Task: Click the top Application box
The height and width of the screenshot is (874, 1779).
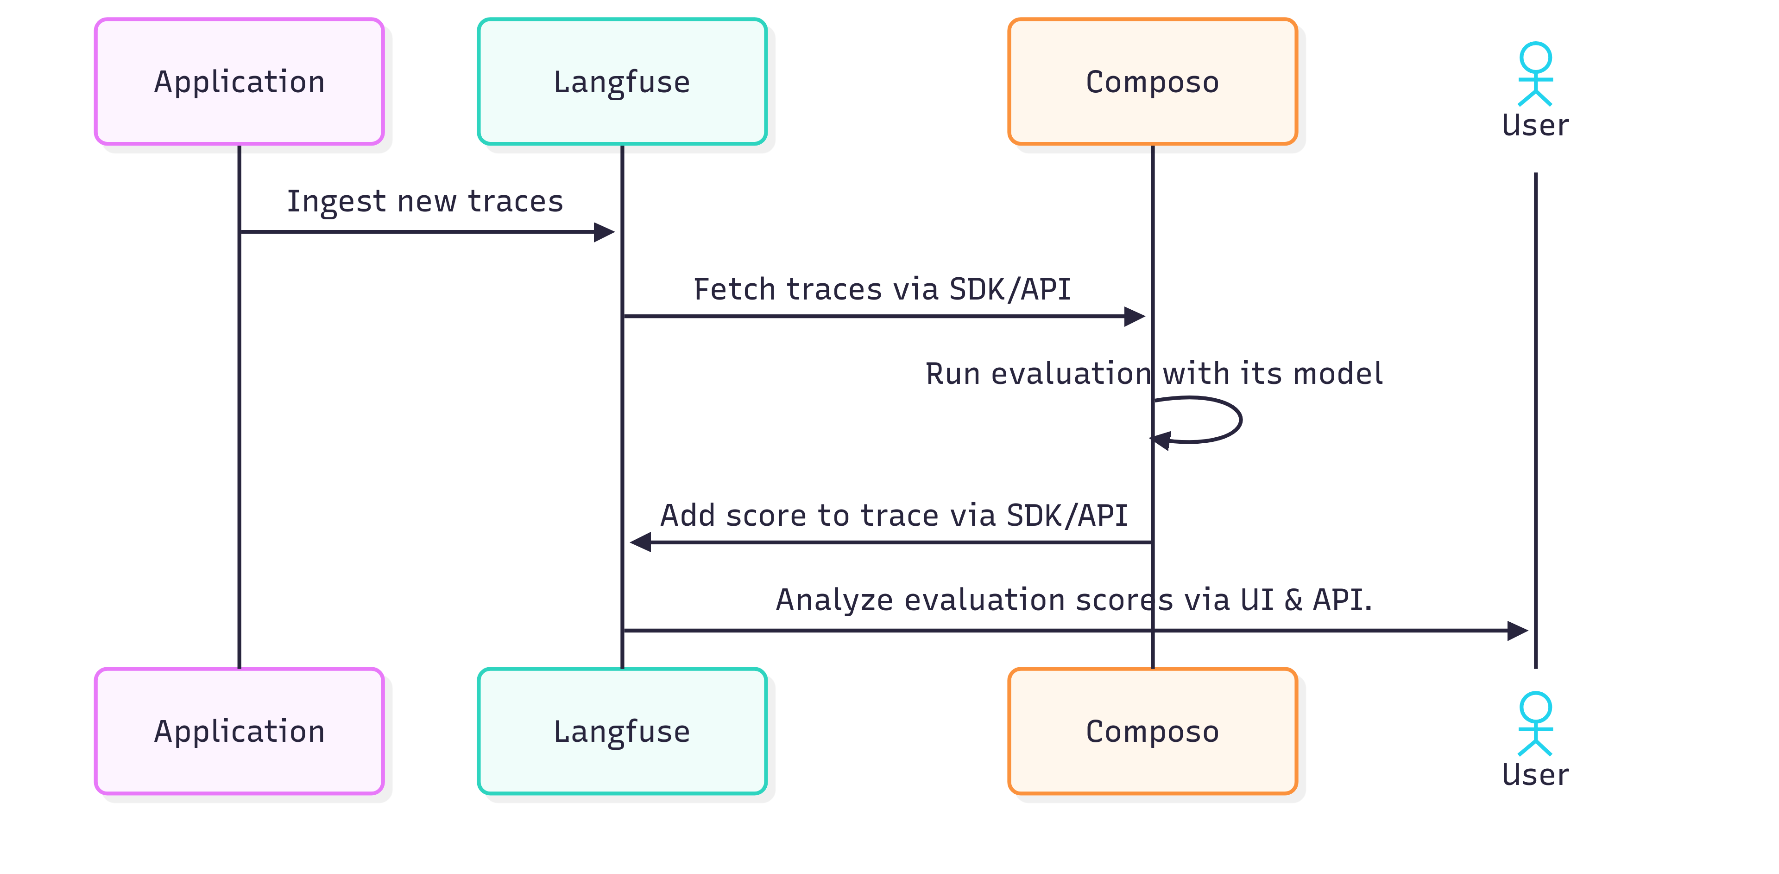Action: click(x=239, y=82)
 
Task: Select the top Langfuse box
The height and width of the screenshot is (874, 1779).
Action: click(x=622, y=82)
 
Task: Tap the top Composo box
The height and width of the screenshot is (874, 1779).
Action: click(x=1152, y=82)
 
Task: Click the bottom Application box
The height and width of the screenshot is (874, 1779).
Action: click(x=239, y=731)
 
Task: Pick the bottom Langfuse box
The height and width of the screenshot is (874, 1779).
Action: click(x=622, y=731)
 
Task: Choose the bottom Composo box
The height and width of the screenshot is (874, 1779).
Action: click(x=1152, y=731)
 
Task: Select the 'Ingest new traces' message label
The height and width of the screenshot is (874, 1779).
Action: click(x=425, y=202)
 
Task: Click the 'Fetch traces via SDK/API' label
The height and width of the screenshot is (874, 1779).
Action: click(x=882, y=289)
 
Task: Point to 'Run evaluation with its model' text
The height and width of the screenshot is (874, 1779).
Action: click(x=1153, y=374)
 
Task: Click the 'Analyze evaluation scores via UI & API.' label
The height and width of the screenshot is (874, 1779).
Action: click(x=1074, y=600)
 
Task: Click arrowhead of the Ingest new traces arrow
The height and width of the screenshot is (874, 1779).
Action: click(x=604, y=232)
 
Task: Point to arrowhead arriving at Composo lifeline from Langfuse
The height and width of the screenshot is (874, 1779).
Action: click(x=1134, y=316)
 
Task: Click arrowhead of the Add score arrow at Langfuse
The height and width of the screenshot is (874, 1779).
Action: click(x=641, y=542)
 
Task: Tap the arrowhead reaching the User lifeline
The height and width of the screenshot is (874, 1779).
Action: click(x=1517, y=630)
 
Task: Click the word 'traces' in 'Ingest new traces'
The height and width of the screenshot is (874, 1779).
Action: click(x=515, y=202)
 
